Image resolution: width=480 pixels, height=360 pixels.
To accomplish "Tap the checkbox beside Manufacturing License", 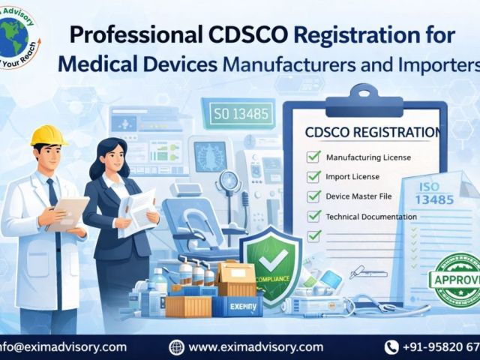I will tap(314, 157).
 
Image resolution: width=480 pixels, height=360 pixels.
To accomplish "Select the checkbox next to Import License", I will tap(314, 177).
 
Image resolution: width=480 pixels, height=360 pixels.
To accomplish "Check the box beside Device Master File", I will tap(314, 196).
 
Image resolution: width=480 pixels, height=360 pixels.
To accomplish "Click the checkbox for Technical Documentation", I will tap(314, 217).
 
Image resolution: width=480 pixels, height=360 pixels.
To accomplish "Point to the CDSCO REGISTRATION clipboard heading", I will tap(372, 133).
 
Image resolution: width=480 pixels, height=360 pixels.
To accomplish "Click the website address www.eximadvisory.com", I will tap(256, 346).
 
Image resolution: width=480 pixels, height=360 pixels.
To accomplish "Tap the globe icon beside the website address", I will tap(176, 346).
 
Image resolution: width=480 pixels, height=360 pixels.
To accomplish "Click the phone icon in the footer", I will tap(391, 346).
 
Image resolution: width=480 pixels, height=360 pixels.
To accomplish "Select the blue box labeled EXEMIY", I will tap(241, 306).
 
